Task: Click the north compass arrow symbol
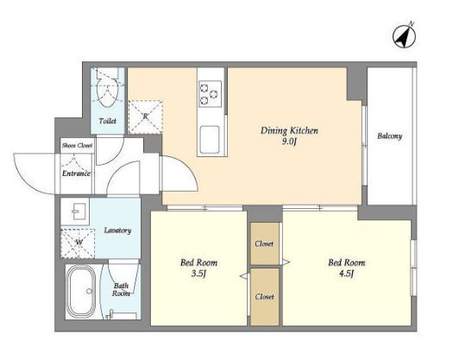404,36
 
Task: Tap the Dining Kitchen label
289,130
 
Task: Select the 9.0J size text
289,142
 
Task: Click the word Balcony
389,136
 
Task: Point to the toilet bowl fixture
108,87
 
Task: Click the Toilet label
108,121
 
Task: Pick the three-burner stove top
210,94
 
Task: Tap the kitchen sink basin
210,139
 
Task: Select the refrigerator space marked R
145,117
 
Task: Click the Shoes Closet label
77,145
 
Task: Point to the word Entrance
76,174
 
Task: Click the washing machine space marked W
78,243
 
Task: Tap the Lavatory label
117,231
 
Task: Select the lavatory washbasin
78,212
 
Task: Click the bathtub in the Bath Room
81,291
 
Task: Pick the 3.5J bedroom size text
198,274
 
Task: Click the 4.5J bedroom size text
346,274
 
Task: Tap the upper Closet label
264,243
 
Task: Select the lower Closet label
265,296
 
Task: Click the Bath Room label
121,289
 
